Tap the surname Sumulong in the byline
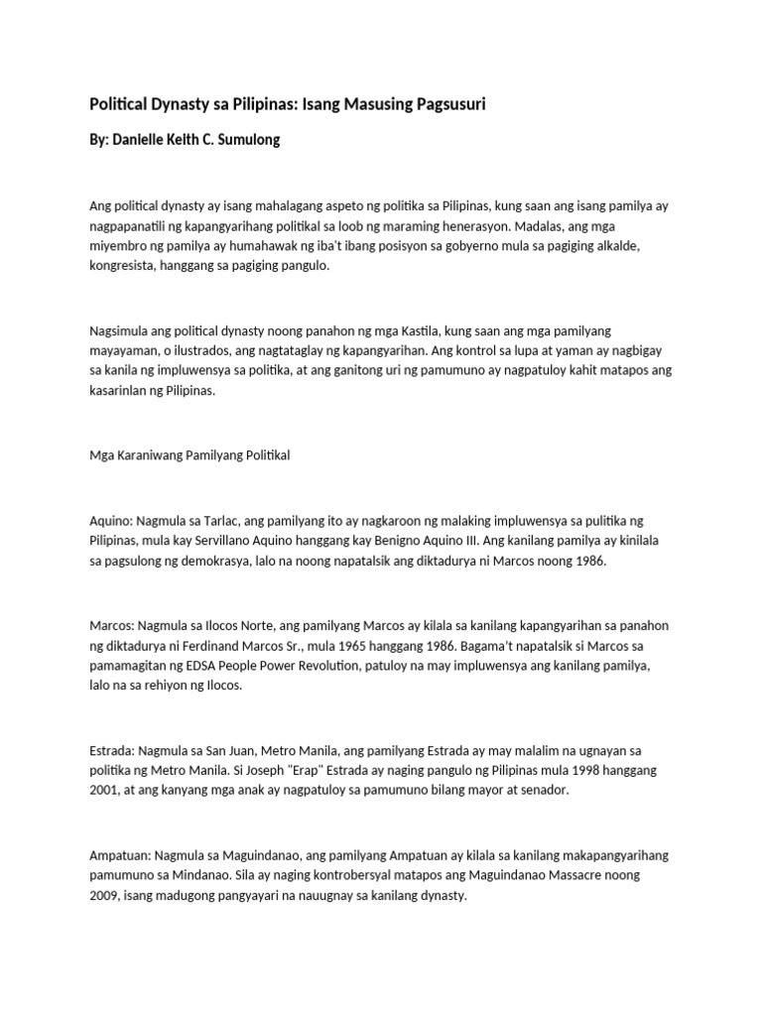point(245,140)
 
